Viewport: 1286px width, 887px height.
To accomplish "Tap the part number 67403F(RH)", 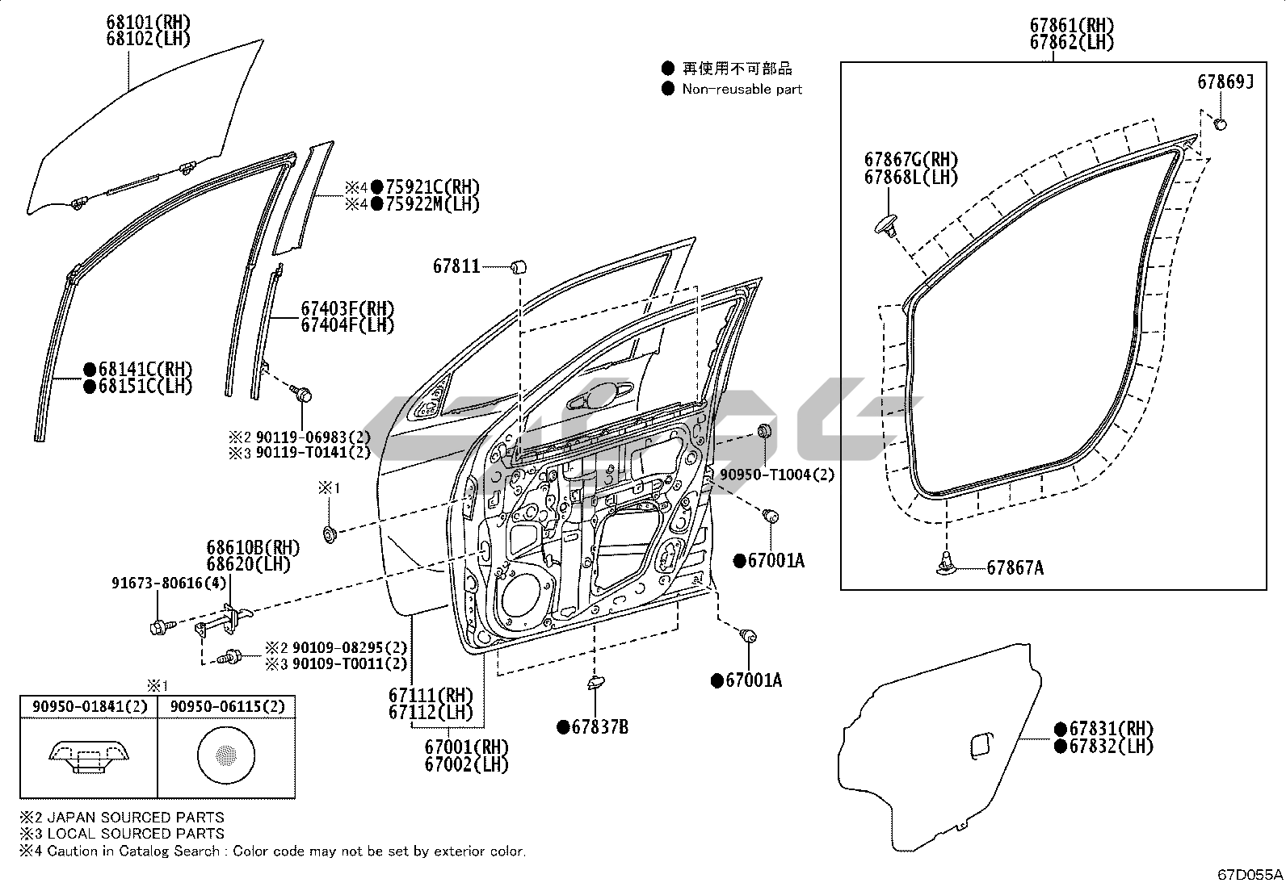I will click(347, 308).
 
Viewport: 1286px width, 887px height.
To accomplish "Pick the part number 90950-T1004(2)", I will click(776, 475).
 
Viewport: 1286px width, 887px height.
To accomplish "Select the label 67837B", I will click(599, 727).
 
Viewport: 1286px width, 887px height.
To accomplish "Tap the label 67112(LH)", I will click(430, 713).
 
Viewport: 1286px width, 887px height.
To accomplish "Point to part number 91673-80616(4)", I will click(169, 584).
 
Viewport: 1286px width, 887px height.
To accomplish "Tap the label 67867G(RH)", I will click(910, 160).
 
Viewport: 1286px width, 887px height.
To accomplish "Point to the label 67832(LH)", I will click(1111, 747).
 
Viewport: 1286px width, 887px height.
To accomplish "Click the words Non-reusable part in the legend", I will click(742, 89).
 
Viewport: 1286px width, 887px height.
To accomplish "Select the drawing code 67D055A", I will click(1251, 874).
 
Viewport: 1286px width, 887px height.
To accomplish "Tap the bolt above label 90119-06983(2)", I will click(303, 395).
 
